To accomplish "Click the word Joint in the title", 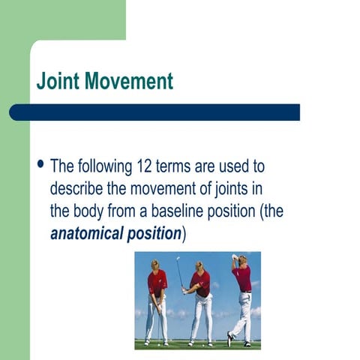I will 58,80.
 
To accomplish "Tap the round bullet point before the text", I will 40,163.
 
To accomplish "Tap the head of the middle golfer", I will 199,266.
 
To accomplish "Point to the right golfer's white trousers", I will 242,315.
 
